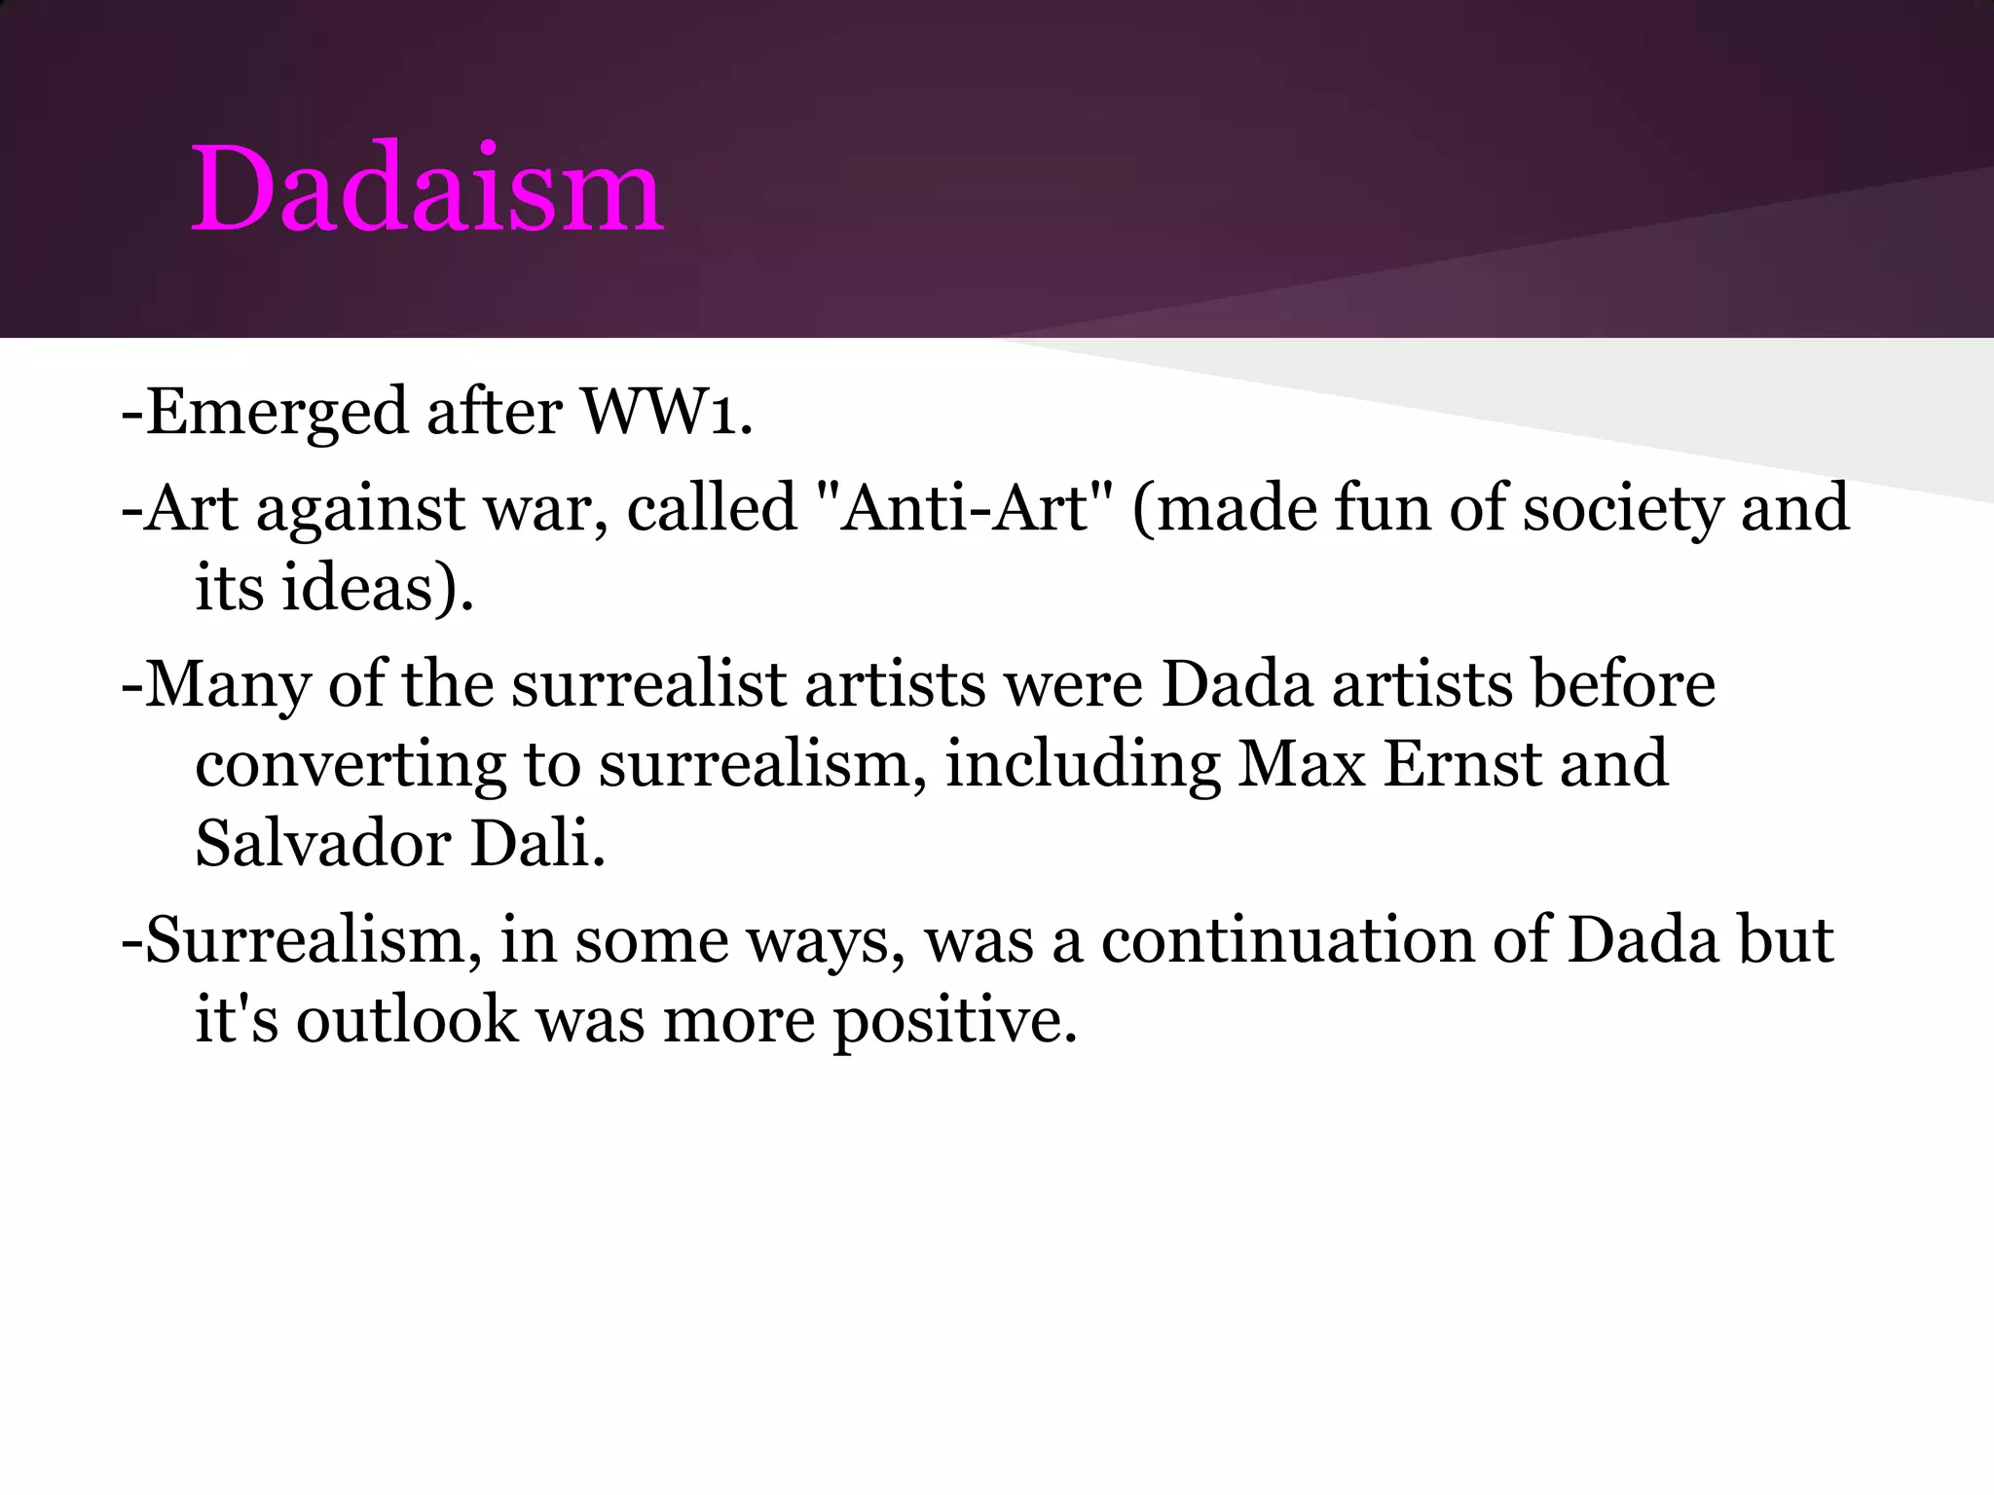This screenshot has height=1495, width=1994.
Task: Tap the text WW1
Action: pos(666,412)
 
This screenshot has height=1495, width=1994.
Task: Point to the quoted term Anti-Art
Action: pos(964,508)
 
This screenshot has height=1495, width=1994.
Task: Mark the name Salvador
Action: pos(322,843)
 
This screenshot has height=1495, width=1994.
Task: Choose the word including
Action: pos(1082,764)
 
